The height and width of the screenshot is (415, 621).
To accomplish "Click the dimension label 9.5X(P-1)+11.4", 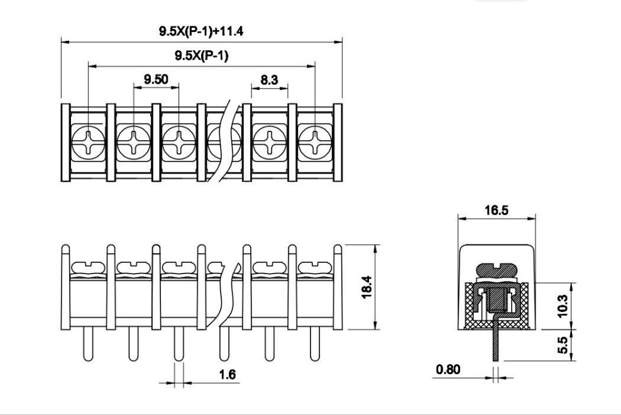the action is click(201, 31).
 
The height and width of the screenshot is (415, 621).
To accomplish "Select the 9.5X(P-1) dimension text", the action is click(202, 55).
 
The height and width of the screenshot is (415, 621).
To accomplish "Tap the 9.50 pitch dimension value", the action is click(156, 79).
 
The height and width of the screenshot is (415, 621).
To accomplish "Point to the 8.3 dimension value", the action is click(269, 80).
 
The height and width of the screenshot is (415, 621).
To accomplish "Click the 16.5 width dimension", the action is click(497, 210).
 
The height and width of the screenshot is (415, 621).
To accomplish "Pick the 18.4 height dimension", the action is click(366, 287).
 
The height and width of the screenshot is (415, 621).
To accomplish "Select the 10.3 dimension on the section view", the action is click(562, 306).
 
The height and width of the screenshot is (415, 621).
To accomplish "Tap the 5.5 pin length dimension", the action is click(562, 345).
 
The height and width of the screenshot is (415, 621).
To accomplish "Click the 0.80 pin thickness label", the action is click(448, 370).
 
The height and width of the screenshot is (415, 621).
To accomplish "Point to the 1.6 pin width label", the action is click(228, 374).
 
